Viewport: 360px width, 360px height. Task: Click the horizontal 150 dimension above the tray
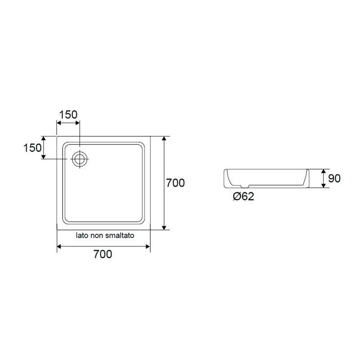(68, 115)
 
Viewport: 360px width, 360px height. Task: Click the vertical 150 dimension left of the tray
(32, 148)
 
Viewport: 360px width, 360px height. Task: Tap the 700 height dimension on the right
(175, 183)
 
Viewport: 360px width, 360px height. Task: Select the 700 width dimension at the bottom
(103, 254)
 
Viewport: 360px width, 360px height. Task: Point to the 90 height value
(334, 178)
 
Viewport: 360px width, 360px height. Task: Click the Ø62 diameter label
(243, 197)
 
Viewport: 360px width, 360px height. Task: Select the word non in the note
(96, 236)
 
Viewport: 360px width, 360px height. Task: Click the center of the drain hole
(80, 159)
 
